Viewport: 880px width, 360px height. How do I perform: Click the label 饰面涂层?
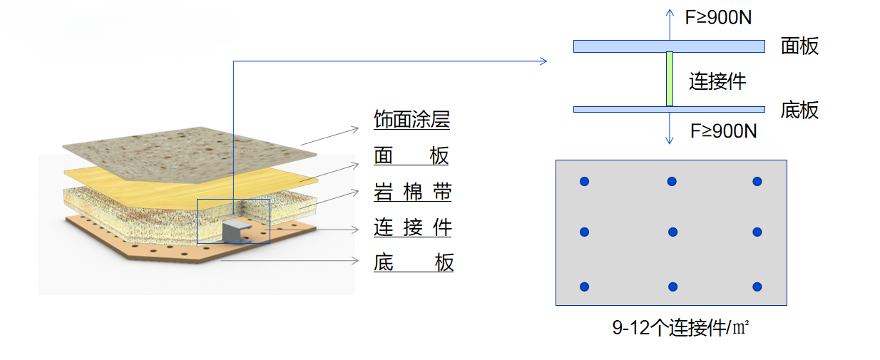411,120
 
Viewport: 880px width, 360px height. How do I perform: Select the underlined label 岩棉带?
412,192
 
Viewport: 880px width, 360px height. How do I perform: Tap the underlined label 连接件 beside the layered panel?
412,227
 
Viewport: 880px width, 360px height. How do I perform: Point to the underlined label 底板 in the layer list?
413,263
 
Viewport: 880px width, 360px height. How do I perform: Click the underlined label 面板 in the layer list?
411,155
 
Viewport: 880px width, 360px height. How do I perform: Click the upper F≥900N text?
718,18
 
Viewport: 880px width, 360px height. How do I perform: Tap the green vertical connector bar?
670,78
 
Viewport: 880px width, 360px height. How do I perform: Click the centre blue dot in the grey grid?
672,232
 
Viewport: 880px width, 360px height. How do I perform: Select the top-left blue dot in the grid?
584,182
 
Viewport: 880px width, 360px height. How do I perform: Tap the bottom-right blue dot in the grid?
757,287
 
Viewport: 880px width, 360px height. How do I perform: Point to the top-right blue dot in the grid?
757,182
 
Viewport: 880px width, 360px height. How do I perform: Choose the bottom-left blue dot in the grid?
584,287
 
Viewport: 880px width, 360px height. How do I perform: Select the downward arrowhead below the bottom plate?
670,140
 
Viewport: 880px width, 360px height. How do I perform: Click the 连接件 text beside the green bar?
717,81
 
